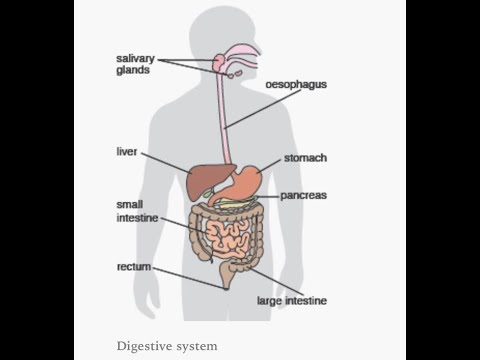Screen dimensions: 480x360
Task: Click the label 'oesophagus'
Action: [x=296, y=85]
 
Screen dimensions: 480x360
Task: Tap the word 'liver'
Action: [x=127, y=152]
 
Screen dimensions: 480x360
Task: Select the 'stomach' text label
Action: [x=305, y=158]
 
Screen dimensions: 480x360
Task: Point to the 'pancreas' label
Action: [x=303, y=196]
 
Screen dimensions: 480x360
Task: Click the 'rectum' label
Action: [x=134, y=267]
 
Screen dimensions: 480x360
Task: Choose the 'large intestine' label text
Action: [x=292, y=301]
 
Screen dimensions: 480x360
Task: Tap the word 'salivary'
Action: [x=136, y=59]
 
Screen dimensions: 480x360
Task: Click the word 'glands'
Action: [x=133, y=70]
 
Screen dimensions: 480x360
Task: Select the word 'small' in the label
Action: [x=130, y=204]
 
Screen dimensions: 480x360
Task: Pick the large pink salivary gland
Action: [x=220, y=62]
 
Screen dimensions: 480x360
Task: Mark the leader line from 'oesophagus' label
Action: [x=263, y=109]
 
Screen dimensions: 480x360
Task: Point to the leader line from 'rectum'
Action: [x=189, y=279]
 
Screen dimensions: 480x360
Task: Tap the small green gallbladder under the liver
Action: [x=209, y=193]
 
